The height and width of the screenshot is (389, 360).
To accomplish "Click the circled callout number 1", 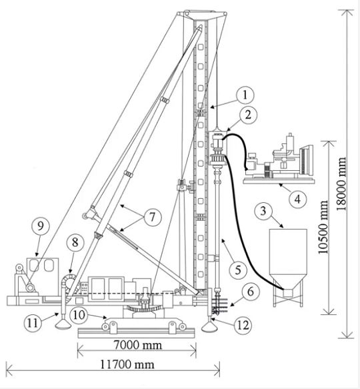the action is (x=245, y=95).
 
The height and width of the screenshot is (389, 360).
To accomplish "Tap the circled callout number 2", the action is (x=248, y=115).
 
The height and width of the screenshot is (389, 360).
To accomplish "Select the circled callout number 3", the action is (x=263, y=211).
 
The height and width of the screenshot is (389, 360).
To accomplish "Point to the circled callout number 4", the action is (x=297, y=199).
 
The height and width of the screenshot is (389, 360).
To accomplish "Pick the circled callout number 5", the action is (x=238, y=270).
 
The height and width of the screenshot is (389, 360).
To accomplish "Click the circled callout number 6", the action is (x=251, y=292).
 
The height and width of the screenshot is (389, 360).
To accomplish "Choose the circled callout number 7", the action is (x=152, y=218).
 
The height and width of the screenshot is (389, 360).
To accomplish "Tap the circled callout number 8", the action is (x=75, y=242).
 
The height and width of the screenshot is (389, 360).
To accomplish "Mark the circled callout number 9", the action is (x=41, y=226).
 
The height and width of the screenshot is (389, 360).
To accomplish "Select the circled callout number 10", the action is (x=79, y=315).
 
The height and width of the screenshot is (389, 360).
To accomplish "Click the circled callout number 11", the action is (x=33, y=323).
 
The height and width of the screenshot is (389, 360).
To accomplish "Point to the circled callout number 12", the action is (x=243, y=325).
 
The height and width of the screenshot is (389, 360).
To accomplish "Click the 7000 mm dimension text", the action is (x=138, y=345).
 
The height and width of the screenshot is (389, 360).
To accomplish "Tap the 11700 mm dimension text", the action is (x=127, y=364).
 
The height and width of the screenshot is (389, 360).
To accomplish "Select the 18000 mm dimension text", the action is (x=341, y=184).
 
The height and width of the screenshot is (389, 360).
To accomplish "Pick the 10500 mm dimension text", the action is (x=323, y=228).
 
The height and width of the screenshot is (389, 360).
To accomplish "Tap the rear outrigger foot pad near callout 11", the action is (x=63, y=325).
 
